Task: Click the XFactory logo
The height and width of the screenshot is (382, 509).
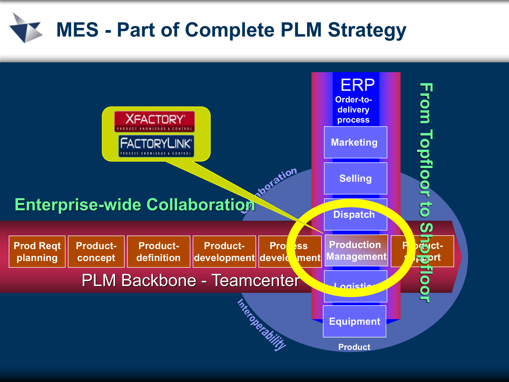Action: [155, 121]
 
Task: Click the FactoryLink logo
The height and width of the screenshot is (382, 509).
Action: [156, 146]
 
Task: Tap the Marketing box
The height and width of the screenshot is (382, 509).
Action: [355, 142]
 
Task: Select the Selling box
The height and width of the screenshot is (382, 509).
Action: [355, 179]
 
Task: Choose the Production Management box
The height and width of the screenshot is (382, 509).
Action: [356, 250]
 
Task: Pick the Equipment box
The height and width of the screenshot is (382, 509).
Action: [354, 321]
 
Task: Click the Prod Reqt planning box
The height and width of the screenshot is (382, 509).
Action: [37, 251]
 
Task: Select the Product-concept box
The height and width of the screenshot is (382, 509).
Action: [96, 251]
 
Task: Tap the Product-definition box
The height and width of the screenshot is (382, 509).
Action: [159, 251]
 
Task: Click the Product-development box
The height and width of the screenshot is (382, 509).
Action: [224, 251]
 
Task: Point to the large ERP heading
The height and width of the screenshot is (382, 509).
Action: [357, 85]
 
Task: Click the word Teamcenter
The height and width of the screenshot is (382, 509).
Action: [256, 280]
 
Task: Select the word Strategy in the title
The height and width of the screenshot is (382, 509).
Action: [367, 30]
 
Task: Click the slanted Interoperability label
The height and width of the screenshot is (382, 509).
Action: [261, 325]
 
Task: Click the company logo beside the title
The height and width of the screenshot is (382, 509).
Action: [26, 28]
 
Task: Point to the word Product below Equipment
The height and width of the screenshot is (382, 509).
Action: [354, 347]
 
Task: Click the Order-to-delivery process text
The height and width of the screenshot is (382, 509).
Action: [353, 110]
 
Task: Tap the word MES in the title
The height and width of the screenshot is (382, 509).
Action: [77, 30]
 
